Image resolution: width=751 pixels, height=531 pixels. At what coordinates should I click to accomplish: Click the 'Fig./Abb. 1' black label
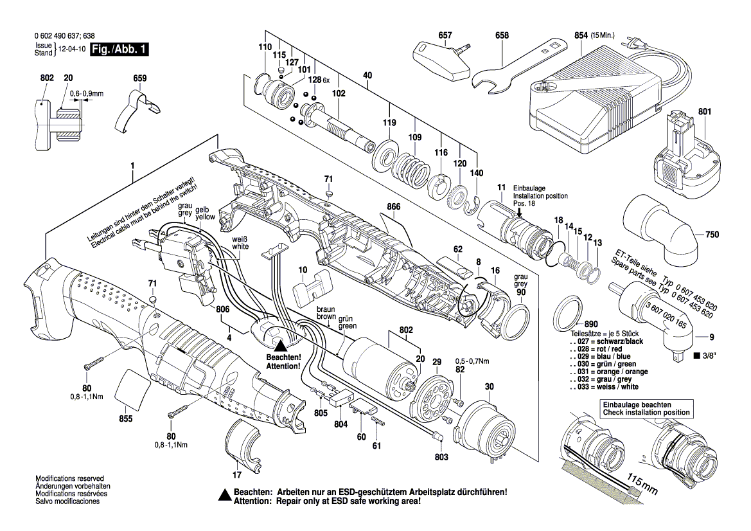click(119, 50)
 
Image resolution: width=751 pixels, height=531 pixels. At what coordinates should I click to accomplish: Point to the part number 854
click(580, 35)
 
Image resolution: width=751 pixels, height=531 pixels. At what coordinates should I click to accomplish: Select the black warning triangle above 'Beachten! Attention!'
click(281, 345)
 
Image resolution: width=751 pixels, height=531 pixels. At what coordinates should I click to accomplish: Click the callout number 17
click(236, 476)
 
